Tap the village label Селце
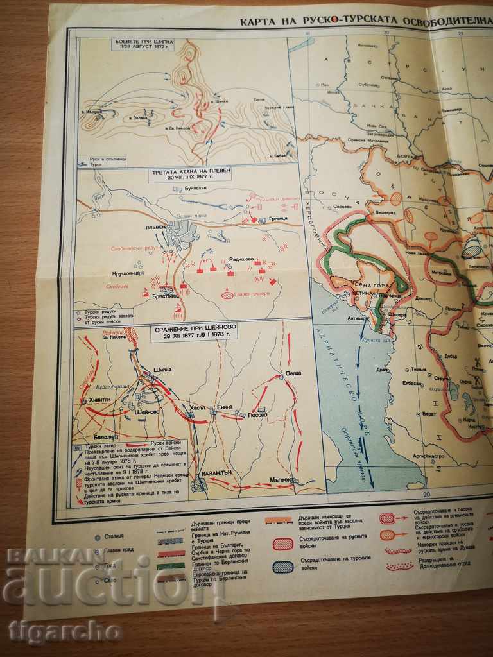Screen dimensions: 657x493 pos(293,373)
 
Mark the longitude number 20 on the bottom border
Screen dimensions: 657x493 pos(426,494)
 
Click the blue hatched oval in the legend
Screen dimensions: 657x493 pos(282,566)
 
